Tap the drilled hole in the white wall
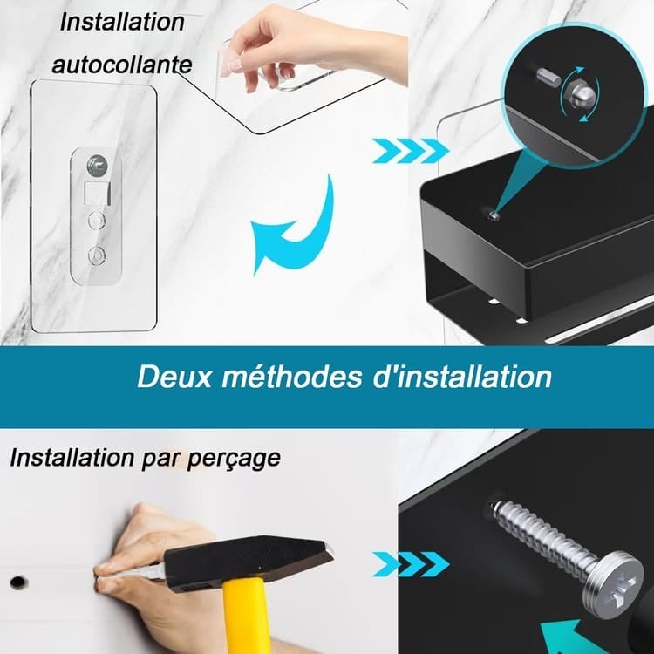16,579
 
